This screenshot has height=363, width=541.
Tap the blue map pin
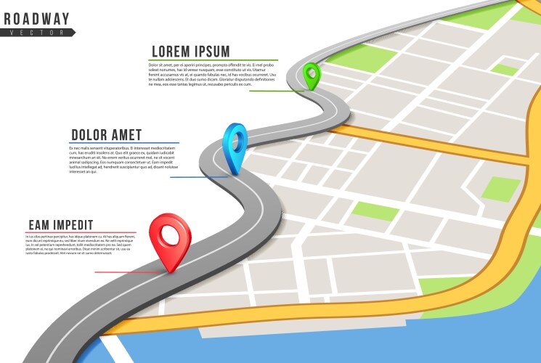pyautogui.click(x=235, y=145)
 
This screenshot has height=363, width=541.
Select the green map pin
pyautogui.click(x=312, y=74)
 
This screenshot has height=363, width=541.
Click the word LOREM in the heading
pyautogui.click(x=174, y=52)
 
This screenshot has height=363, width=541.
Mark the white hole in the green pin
pyautogui.click(x=312, y=71)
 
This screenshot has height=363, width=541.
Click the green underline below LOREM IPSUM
pyautogui.click(x=214, y=60)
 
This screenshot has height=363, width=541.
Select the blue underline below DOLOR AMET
pyautogui.click(x=125, y=143)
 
